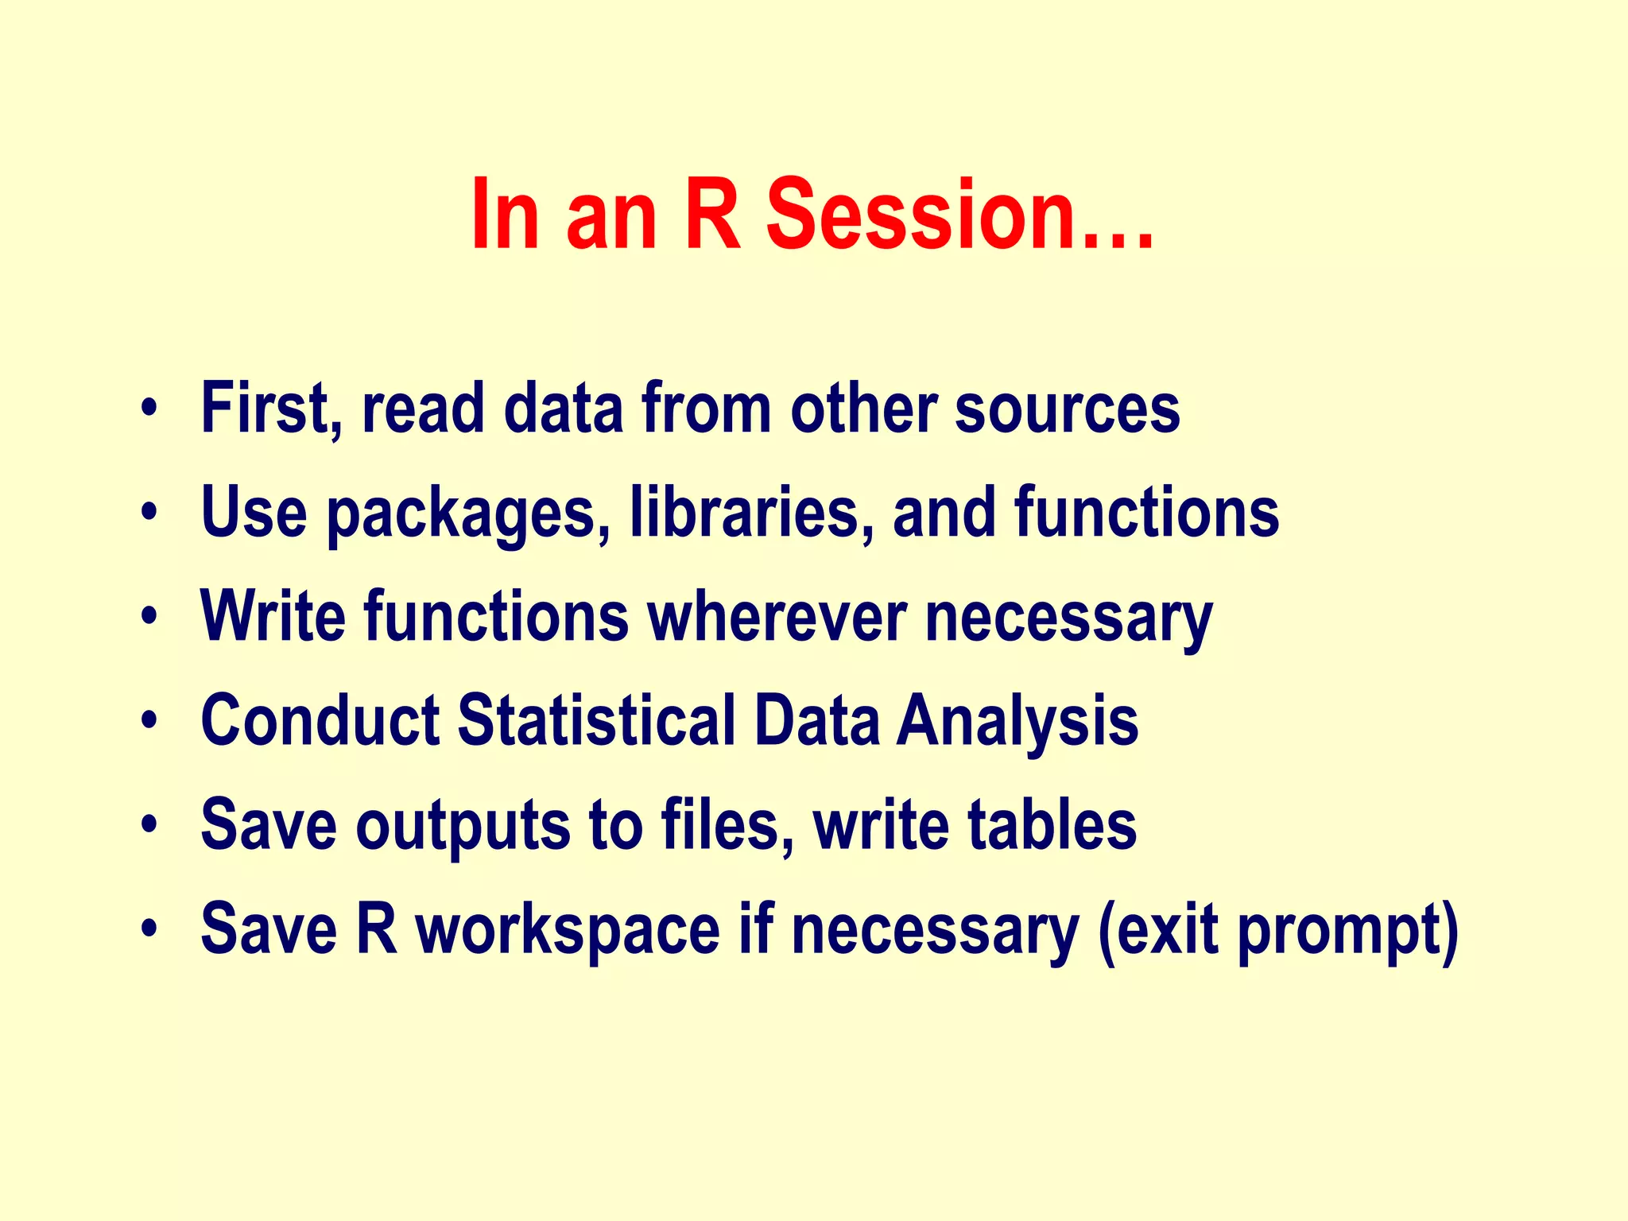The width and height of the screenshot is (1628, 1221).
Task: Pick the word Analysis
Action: pyautogui.click(x=1017, y=722)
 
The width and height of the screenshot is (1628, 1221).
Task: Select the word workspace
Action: pyautogui.click(x=568, y=931)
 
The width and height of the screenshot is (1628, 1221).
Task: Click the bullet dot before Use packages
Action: pyautogui.click(x=148, y=514)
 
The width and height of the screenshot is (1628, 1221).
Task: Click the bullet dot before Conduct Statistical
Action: pyautogui.click(x=148, y=721)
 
